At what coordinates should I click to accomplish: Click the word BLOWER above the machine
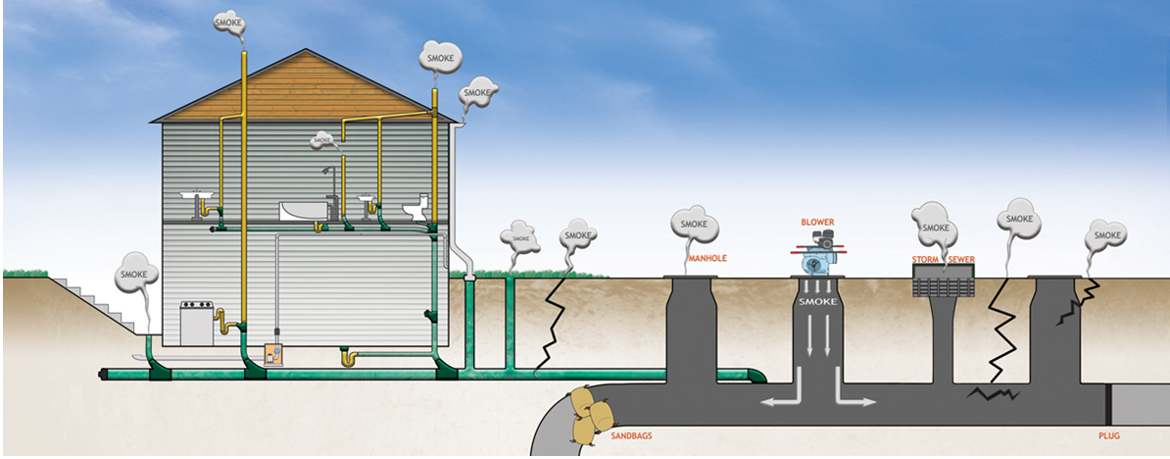817,223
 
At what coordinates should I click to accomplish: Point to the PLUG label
1108,434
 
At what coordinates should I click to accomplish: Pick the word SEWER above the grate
962,260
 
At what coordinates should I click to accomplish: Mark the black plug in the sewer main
1109,400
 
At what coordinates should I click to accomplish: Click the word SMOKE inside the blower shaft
817,302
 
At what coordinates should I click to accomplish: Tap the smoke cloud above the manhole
695,225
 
